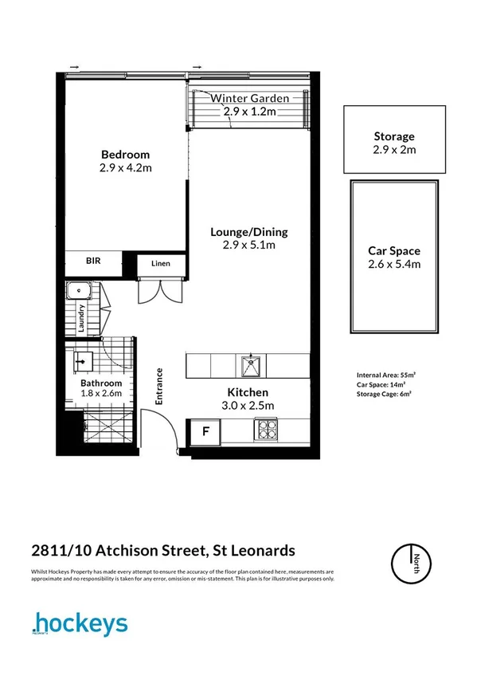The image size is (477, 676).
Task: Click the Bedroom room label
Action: click(x=125, y=155)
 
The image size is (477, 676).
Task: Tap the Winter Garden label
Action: click(x=248, y=99)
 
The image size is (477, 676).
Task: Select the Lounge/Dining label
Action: click(x=248, y=232)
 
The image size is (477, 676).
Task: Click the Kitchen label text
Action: click(x=248, y=392)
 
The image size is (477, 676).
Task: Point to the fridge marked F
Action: click(x=205, y=433)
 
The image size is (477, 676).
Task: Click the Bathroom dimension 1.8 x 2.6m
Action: click(x=101, y=394)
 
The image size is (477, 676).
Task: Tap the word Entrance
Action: click(x=159, y=387)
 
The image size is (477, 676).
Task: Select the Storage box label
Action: click(x=393, y=136)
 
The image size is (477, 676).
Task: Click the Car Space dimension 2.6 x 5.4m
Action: click(x=393, y=264)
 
